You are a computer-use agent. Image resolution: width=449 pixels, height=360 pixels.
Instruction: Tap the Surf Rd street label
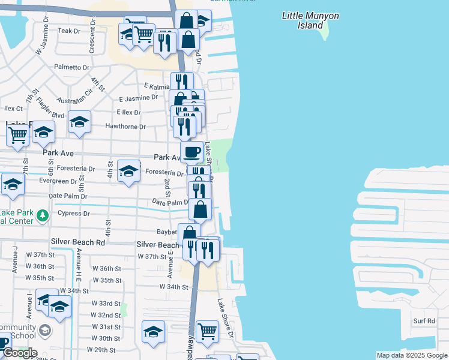coord(424,321)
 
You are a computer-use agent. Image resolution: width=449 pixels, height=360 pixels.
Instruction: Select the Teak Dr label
coord(68,31)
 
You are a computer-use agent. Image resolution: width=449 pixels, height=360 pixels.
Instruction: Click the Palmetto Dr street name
coord(71,67)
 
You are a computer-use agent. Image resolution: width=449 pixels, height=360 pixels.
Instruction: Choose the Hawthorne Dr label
coord(125,127)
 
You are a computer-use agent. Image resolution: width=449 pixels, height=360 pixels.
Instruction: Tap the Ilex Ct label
coord(13,109)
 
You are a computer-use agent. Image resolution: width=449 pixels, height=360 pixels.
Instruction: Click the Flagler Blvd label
coord(50,107)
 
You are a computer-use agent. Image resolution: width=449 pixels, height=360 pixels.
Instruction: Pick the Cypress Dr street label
coord(73,213)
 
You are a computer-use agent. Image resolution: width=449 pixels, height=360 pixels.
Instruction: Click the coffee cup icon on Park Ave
coord(191,152)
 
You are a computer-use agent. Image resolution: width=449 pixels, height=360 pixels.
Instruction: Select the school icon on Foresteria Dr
coord(128,171)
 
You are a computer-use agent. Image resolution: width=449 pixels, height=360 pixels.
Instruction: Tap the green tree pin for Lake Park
coord(42,215)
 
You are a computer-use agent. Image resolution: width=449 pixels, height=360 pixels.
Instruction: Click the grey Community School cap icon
coord(44,331)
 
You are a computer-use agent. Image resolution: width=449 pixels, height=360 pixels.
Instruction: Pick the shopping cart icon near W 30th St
coord(207,330)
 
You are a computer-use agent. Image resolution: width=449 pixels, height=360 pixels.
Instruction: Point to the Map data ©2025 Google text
coord(412,355)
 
